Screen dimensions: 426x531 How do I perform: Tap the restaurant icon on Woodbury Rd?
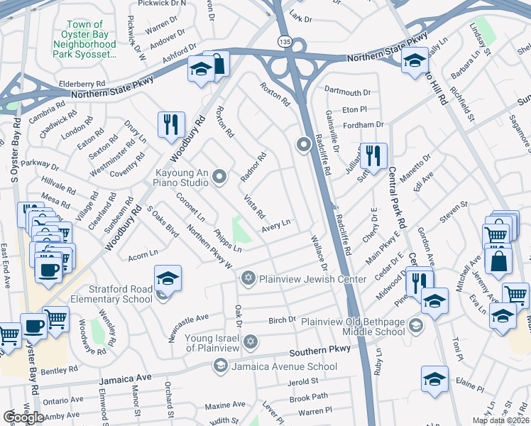point(170,124)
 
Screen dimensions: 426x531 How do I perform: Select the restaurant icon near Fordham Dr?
point(373,155)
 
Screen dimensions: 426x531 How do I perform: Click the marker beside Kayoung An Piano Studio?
point(219,177)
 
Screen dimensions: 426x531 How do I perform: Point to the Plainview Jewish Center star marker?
point(248,276)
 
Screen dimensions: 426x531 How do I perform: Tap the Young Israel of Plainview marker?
point(249,342)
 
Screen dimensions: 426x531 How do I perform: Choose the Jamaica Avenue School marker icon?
point(220,366)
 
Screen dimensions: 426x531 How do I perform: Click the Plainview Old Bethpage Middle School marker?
point(416,326)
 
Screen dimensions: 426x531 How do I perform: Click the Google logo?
point(23,417)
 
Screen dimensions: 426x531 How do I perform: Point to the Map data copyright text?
point(501,420)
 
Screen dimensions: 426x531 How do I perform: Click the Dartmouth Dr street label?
point(348,92)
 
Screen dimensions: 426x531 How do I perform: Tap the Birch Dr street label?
point(282,320)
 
